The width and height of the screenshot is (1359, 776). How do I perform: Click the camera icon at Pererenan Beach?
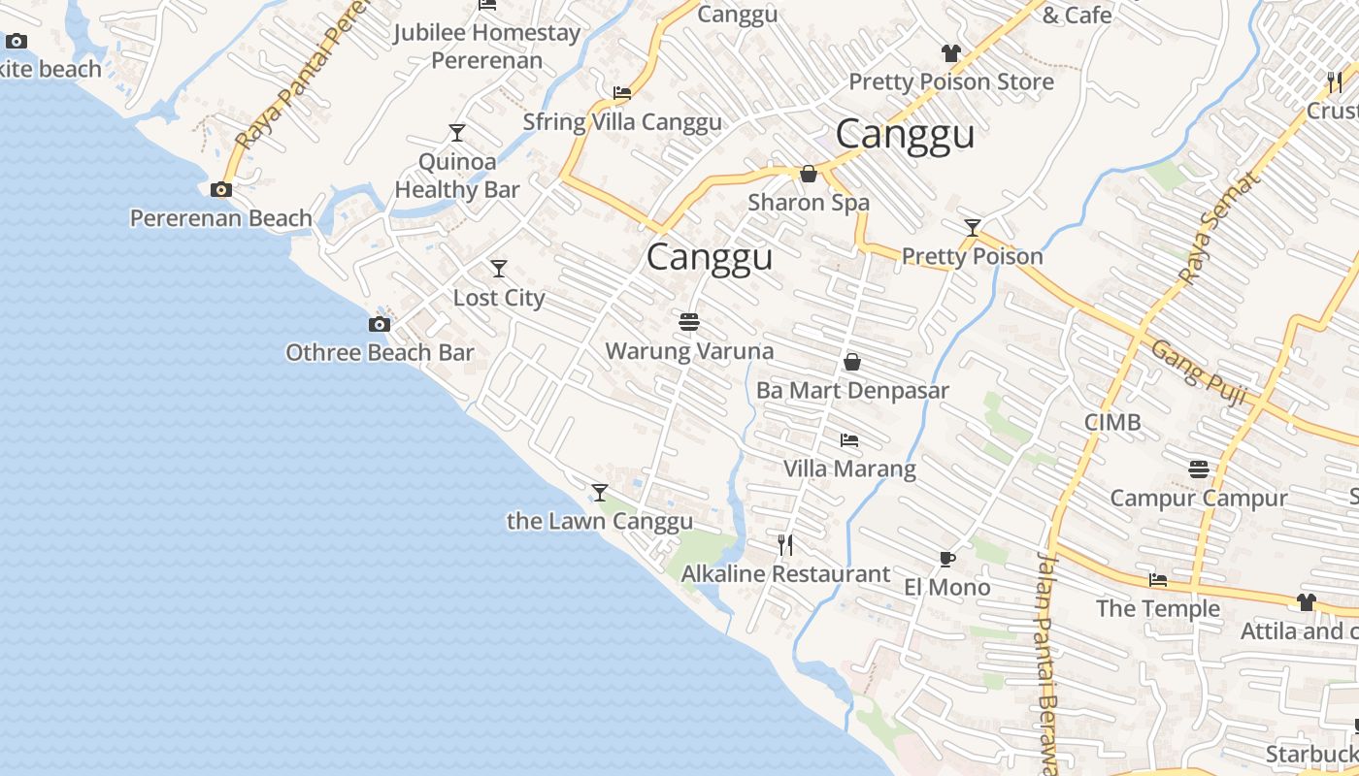[221, 189]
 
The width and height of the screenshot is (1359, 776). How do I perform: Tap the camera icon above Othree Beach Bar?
[380, 324]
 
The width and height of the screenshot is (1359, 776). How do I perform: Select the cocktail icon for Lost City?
[499, 268]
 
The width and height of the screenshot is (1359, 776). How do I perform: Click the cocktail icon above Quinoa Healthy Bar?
[457, 132]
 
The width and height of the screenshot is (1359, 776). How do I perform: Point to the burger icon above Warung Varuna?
[689, 321]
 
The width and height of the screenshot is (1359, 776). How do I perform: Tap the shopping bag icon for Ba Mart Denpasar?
[852, 362]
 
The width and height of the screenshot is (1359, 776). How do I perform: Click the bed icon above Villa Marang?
[849, 440]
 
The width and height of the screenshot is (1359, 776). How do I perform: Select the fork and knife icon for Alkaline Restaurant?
[785, 544]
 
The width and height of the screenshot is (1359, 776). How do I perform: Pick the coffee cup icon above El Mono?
[946, 559]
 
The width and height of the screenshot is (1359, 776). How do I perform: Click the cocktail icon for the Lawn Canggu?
[600, 492]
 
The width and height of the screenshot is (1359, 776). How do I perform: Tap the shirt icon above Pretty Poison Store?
[950, 52]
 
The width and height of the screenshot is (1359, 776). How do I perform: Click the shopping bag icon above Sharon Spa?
[808, 174]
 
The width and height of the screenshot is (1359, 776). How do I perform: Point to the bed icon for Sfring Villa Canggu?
[622, 93]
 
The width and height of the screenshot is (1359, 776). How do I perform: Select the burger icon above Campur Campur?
[1198, 469]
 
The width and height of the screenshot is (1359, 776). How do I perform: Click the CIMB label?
[1112, 422]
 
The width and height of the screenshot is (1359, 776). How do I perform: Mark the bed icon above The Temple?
[1158, 580]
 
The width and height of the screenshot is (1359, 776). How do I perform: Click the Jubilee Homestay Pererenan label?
[487, 46]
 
